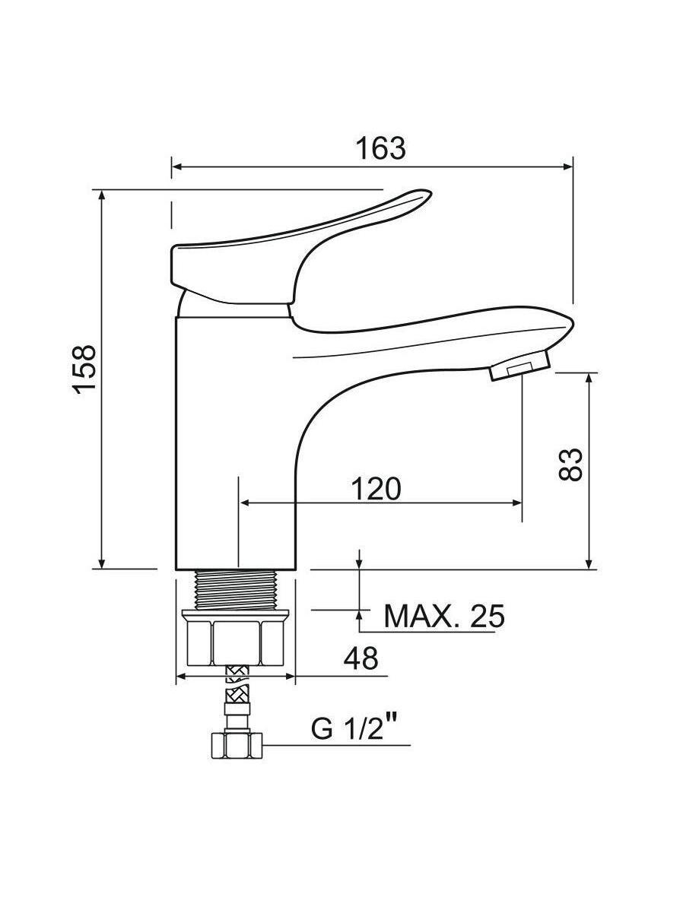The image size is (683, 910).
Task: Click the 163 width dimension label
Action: [381, 148]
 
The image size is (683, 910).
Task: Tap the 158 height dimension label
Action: [84, 369]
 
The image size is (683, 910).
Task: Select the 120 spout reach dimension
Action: [376, 489]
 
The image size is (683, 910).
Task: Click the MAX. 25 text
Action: [444, 617]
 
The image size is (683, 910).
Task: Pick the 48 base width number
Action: [361, 658]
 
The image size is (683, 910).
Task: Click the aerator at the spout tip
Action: [519, 366]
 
